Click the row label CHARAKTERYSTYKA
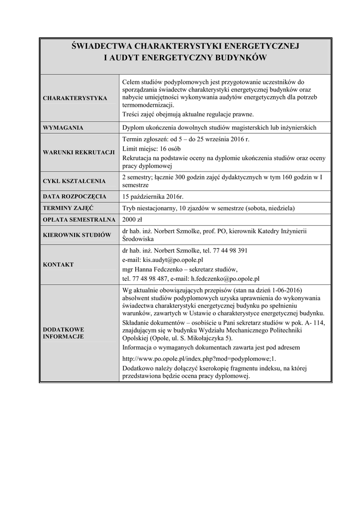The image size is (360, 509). [x=75, y=98]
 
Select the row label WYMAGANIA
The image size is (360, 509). [x=63, y=128]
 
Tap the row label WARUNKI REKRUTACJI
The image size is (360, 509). [x=79, y=152]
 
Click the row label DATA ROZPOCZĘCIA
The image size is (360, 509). [x=75, y=196]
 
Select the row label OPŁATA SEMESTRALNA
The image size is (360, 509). [x=79, y=220]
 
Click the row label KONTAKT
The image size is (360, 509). [x=58, y=265]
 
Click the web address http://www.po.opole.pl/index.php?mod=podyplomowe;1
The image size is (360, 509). [x=198, y=357]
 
